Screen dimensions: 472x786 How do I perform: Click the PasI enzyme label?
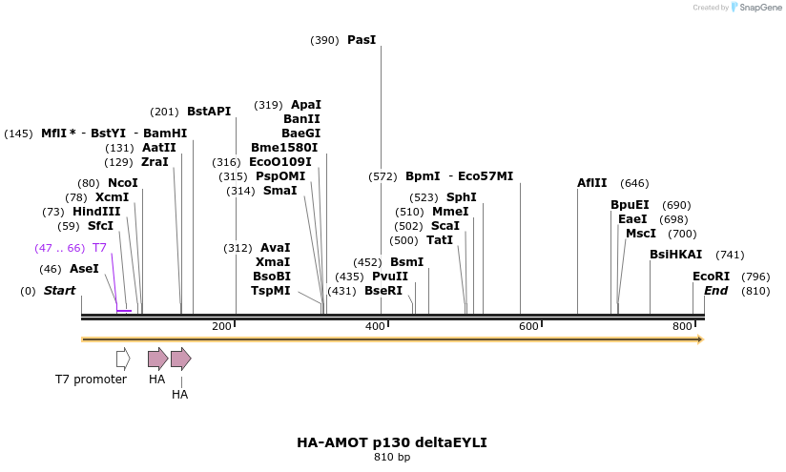pyautogui.click(x=362, y=40)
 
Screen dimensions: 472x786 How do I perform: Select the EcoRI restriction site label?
pyautogui.click(x=711, y=277)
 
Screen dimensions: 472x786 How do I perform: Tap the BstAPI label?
pyautogui.click(x=209, y=112)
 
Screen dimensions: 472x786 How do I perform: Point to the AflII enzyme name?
pyautogui.click(x=591, y=183)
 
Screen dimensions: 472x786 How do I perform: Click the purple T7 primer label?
pyautogui.click(x=99, y=248)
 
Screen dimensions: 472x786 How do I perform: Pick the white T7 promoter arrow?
pyautogui.click(x=123, y=359)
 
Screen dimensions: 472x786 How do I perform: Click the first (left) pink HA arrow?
pyautogui.click(x=157, y=359)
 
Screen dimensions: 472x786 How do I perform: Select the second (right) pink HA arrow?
pyautogui.click(x=180, y=359)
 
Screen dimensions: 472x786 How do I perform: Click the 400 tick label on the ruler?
pyautogui.click(x=375, y=326)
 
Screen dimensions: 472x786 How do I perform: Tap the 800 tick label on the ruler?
pyautogui.click(x=683, y=326)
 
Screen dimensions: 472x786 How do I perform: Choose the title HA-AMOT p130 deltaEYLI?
pyautogui.click(x=392, y=443)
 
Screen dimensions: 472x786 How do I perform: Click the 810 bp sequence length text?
pyautogui.click(x=392, y=458)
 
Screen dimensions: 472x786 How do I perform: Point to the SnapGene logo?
pyautogui.click(x=756, y=8)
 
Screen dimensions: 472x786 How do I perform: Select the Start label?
pyautogui.click(x=59, y=290)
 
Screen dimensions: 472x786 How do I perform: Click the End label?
pyautogui.click(x=715, y=290)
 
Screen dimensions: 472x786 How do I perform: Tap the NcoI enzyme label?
pyautogui.click(x=123, y=183)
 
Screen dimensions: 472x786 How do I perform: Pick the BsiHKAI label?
pyautogui.click(x=675, y=255)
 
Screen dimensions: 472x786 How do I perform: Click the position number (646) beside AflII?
pyautogui.click(x=634, y=183)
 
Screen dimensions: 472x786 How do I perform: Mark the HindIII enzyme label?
pyautogui.click(x=96, y=212)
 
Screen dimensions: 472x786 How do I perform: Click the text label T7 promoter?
pyautogui.click(x=91, y=380)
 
